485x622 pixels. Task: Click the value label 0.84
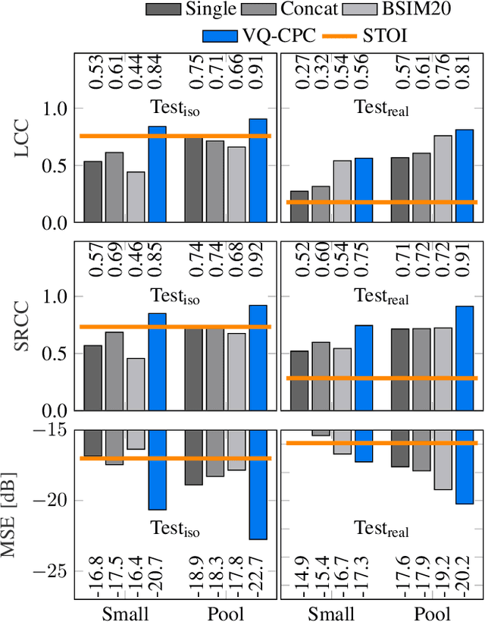(157, 72)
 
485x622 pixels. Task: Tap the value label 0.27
(300, 72)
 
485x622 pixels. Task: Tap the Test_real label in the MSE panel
(382, 529)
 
